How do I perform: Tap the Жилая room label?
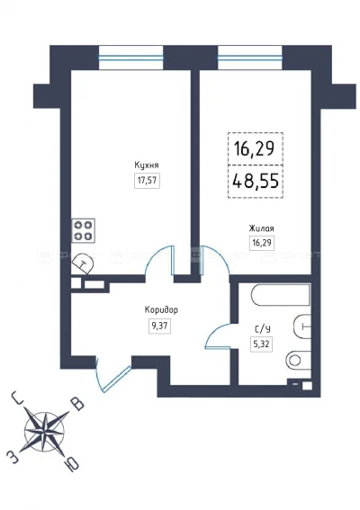(262, 228)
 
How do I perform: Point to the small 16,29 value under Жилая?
(262, 243)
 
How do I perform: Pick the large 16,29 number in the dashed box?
(256, 147)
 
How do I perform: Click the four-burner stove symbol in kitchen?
(84, 230)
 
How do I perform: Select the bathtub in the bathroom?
(279, 296)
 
